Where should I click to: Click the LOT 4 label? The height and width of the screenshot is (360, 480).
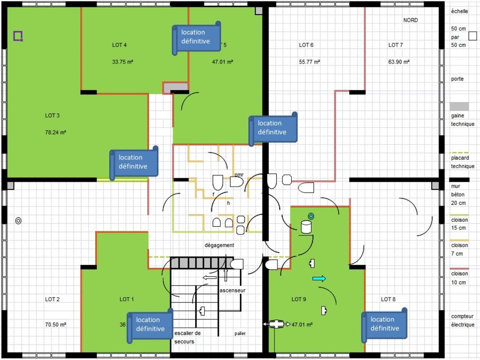coord(119,45)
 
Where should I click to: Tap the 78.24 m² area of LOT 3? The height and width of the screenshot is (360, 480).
coord(55,132)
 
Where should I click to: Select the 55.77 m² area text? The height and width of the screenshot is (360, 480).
coord(309,62)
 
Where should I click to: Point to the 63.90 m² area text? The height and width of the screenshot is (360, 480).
coord(399,62)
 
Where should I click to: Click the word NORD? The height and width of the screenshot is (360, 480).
coord(410,20)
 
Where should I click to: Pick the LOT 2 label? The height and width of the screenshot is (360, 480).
coord(52,299)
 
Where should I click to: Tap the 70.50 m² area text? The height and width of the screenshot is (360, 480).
coord(55,325)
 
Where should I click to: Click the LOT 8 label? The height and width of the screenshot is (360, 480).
coord(388,299)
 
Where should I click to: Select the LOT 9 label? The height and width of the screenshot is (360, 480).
coord(299,299)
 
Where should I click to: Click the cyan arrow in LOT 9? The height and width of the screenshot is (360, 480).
coord(319,279)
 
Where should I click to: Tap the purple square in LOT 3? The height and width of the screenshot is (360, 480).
coord(18,36)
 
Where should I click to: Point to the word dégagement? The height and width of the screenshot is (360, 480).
coord(219,245)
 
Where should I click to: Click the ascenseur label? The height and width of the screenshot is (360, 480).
coord(232,291)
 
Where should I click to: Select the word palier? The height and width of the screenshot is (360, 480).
coord(240,333)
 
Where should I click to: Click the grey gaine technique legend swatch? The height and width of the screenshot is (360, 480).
coord(459,106)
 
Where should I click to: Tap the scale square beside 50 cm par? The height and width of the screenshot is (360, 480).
coord(472,36)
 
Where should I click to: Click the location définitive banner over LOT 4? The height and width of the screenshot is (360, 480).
coord(196,37)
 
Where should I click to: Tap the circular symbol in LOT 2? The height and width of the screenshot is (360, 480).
coord(18,221)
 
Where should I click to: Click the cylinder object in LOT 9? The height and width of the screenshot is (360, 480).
coord(306,227)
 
